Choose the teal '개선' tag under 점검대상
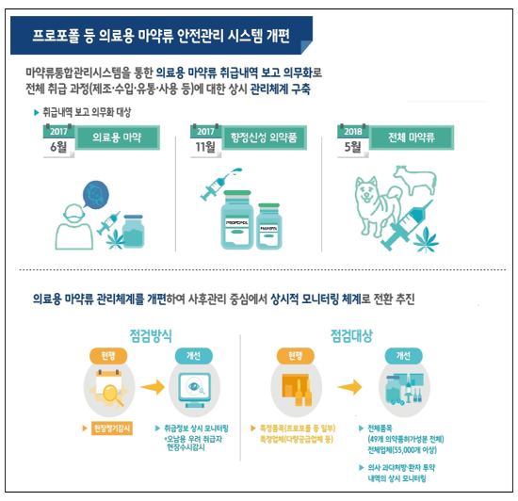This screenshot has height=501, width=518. point(405,356)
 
